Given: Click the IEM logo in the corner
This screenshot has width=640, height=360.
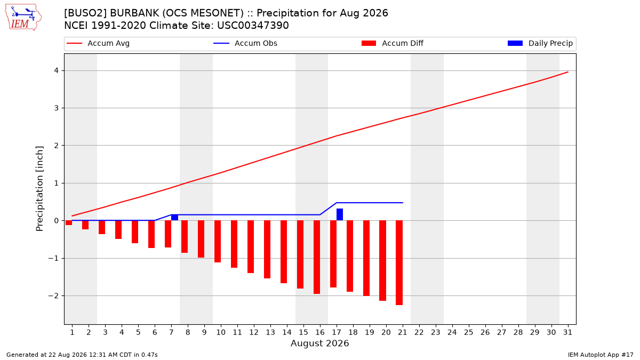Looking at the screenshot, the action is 23,18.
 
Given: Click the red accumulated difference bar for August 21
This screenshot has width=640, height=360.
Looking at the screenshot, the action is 399,262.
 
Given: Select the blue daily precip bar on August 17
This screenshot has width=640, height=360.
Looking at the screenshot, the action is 340,214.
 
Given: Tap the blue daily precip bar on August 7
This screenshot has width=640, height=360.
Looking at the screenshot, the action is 174,218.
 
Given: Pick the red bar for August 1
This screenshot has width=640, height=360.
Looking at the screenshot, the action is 69,222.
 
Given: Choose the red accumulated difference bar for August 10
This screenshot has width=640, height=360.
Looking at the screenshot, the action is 218,241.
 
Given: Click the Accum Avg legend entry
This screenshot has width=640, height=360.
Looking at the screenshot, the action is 98,43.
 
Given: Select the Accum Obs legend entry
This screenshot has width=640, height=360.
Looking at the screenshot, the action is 245,43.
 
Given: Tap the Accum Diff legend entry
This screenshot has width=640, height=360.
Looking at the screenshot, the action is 393,43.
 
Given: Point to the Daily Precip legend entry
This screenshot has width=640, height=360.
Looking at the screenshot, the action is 540,43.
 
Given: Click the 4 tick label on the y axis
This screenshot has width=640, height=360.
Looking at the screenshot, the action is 57,70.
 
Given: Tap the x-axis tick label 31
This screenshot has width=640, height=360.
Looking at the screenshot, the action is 567,333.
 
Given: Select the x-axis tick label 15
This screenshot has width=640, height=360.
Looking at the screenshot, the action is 303,333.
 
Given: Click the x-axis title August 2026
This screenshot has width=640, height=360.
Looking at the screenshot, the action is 319,343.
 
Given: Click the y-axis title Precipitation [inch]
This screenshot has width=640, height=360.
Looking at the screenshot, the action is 39,189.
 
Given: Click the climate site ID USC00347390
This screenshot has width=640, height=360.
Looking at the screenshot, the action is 253,26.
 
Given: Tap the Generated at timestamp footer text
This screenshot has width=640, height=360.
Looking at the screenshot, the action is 82,355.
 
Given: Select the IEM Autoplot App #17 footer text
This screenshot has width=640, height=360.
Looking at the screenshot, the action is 601,355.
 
